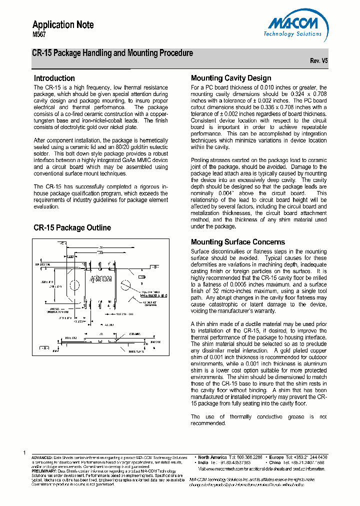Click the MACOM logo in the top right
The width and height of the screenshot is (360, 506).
pyautogui.click(x=295, y=26)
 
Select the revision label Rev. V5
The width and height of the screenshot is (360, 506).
pyautogui.click(x=318, y=60)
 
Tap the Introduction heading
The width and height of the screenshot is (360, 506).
pyautogui.click(x=54, y=78)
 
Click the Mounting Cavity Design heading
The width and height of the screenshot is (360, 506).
pyautogui.click(x=231, y=78)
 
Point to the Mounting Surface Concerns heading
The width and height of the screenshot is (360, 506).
pyautogui.click(x=238, y=242)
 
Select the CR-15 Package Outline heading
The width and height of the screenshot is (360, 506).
pyautogui.click(x=72, y=228)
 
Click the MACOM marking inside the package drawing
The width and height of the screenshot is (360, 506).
pyautogui.click(x=100, y=278)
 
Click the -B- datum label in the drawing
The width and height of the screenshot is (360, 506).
pyautogui.click(x=155, y=267)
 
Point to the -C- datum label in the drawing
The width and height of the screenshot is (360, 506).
pyautogui.click(x=61, y=243)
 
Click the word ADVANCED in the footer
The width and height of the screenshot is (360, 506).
pyautogui.click(x=42, y=457)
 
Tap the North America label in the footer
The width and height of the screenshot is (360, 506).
pyautogui.click(x=212, y=457)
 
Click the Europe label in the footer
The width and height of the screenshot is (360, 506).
pyautogui.click(x=276, y=457)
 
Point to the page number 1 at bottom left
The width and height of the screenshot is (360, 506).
pyautogui.click(x=24, y=452)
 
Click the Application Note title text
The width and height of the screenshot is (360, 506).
pyautogui.click(x=63, y=25)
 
